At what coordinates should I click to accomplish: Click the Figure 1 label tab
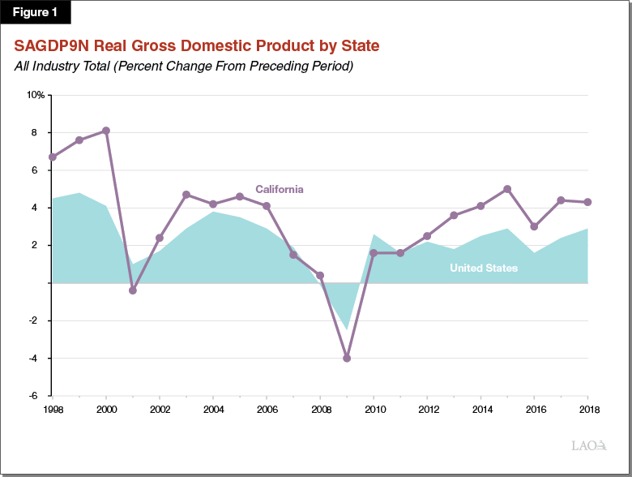pos(36,13)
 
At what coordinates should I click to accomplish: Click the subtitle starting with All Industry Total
pos(183,66)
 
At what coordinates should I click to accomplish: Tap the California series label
pos(280,189)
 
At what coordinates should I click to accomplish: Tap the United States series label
pos(483,268)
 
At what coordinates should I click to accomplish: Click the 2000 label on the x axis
pos(106,409)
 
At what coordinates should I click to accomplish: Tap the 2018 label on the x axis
pos(587,409)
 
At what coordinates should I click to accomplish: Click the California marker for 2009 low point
pos(347,358)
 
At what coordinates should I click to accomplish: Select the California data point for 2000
pos(106,131)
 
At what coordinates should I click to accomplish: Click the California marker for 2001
pos(133,290)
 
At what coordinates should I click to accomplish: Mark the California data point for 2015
pos(507,189)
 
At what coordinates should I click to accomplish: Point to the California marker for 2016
pos(534,226)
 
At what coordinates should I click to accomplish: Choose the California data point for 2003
pos(186,195)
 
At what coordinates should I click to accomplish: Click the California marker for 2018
pos(587,202)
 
